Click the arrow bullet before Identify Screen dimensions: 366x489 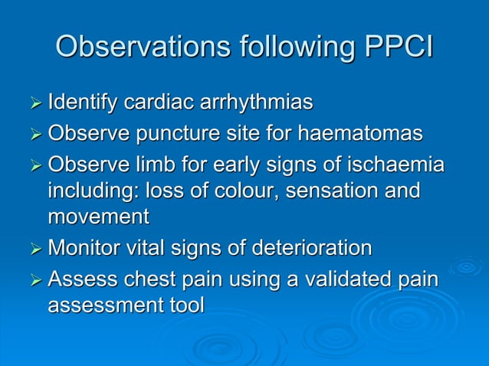click(32, 103)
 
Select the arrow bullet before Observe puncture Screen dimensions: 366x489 click(32, 135)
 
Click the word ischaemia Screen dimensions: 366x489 click(394, 165)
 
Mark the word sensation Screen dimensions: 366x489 click(325, 191)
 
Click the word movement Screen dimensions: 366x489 click(98, 217)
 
